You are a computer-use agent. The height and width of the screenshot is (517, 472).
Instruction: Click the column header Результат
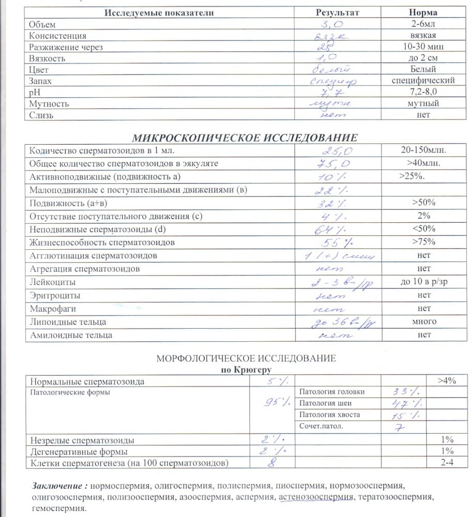337,12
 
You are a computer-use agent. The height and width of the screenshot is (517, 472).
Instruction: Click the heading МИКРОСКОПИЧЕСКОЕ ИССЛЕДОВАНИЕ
245,138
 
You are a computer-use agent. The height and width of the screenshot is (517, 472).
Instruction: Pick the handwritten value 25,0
338,151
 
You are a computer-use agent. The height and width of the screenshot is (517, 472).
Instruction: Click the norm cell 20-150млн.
423,151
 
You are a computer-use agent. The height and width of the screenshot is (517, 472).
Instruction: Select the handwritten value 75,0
337,164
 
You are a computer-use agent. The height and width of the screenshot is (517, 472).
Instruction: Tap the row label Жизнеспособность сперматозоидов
102,242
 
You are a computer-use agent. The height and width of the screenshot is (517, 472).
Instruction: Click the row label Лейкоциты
53,282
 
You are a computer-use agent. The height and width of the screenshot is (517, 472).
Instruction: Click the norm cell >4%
446,382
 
